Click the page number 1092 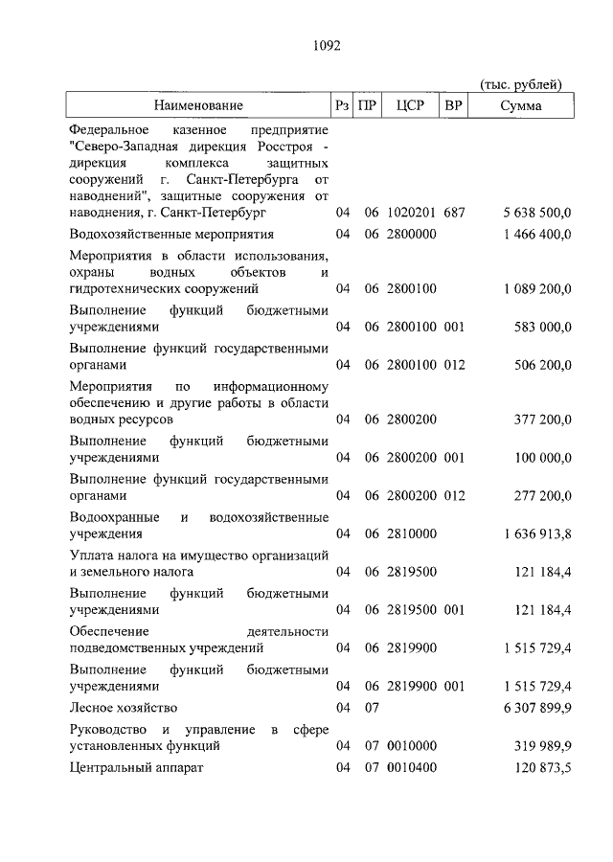click(327, 44)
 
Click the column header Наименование click(198, 105)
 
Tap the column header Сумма click(520, 105)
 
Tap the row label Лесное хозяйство click(125, 708)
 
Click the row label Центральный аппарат click(138, 768)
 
